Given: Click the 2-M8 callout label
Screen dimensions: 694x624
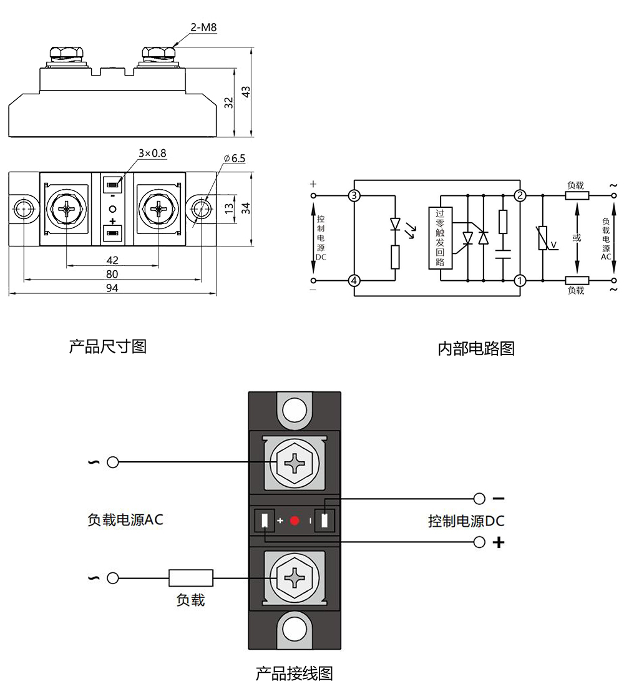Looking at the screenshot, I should click(x=200, y=27).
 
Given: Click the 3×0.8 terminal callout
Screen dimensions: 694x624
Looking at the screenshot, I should click(x=152, y=153).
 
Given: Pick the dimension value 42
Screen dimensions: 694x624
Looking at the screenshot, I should click(x=112, y=260).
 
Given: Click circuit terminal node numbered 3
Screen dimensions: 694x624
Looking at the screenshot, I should click(x=354, y=196).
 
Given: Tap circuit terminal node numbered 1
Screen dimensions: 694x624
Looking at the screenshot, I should click(x=520, y=281).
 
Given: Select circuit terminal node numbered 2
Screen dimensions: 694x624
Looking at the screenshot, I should click(x=520, y=196).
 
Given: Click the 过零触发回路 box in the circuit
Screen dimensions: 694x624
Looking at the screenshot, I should click(x=440, y=238).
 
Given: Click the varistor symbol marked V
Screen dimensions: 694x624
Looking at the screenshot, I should click(x=544, y=238).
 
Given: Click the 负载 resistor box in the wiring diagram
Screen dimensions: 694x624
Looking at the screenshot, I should click(x=191, y=578).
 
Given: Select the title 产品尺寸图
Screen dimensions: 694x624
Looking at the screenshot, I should click(x=107, y=346).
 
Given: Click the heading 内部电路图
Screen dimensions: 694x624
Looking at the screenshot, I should click(x=476, y=348).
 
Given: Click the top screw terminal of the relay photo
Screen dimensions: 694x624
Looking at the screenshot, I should click(x=295, y=462).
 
